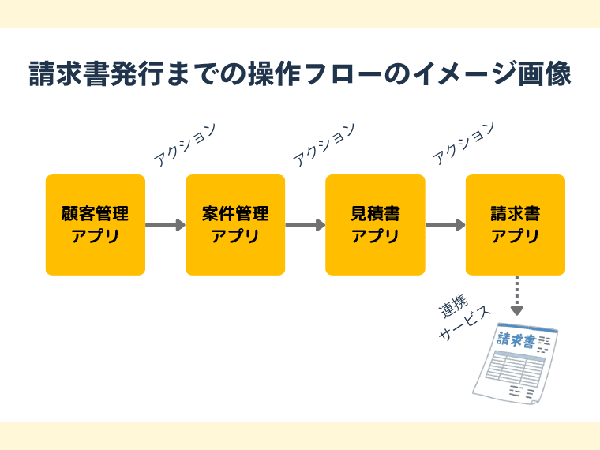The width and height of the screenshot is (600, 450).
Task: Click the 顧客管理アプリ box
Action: click(96, 225)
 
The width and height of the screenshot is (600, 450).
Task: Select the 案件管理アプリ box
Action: click(235, 225)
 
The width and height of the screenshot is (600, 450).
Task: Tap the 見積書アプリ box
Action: click(375, 225)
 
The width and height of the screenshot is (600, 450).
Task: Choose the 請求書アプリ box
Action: click(516, 225)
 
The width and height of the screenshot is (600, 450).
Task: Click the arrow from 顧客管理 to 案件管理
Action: click(165, 225)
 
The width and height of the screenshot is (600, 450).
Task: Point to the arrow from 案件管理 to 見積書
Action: click(305, 225)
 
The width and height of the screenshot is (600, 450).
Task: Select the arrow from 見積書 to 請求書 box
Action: click(445, 225)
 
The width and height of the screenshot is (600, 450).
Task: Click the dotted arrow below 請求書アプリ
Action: click(516, 295)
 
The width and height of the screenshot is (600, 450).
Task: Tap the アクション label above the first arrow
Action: click(185, 144)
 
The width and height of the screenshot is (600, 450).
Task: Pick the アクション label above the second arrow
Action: click(324, 144)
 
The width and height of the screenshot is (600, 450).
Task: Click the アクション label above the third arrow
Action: click(464, 144)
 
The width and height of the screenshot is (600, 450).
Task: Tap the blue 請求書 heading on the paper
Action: click(515, 340)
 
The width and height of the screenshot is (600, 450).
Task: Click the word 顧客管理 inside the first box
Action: click(96, 214)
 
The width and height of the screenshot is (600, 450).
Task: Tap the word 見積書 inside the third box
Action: click(375, 214)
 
